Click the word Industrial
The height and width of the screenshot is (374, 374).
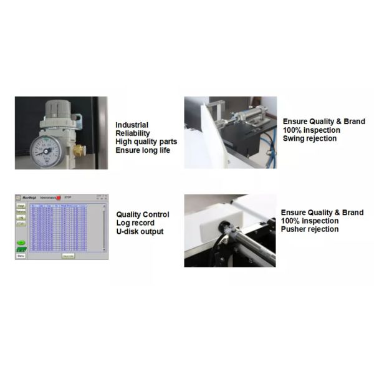point(132,125)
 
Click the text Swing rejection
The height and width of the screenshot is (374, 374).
point(310,138)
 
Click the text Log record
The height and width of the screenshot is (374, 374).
point(136,223)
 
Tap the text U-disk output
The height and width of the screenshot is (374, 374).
point(140,232)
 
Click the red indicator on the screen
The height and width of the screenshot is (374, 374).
point(58,198)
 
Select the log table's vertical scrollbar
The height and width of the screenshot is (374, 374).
point(104,228)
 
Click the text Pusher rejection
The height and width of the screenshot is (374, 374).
point(310,229)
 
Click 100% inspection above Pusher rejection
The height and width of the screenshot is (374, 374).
point(310,221)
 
